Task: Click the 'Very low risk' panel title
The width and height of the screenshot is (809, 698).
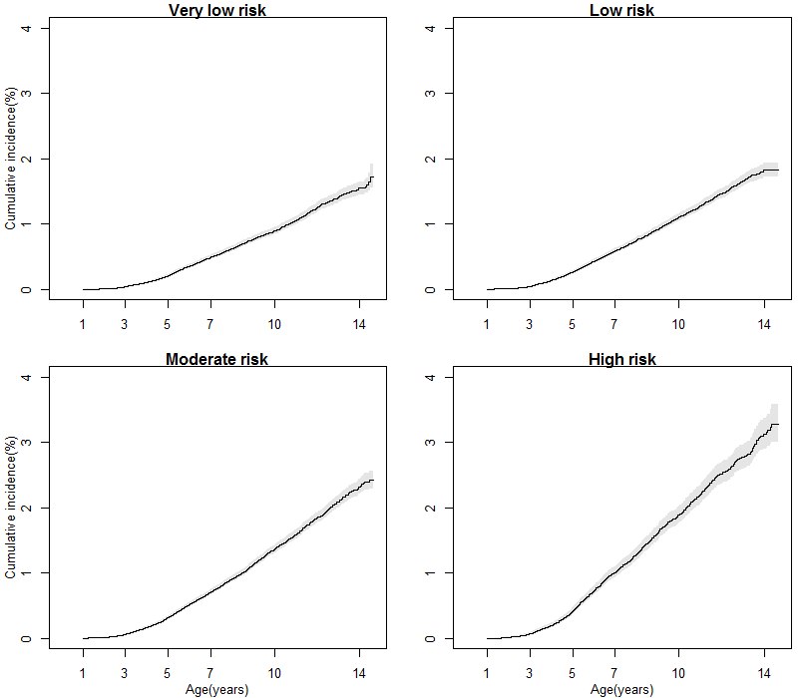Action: tap(216, 11)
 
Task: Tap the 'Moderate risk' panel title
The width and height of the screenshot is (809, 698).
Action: tap(216, 359)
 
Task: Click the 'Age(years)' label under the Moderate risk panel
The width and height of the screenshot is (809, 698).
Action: tap(216, 689)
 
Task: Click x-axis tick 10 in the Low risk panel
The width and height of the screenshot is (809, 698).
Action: tap(678, 323)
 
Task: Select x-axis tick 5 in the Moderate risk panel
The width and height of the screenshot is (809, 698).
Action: tap(168, 672)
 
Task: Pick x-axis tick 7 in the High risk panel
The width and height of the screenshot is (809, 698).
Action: tap(614, 672)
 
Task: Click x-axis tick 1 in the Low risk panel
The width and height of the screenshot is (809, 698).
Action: tap(487, 323)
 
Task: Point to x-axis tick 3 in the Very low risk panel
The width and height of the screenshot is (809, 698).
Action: tap(125, 323)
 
